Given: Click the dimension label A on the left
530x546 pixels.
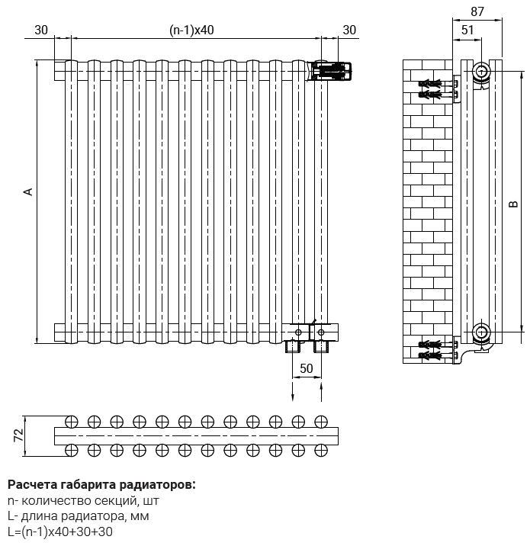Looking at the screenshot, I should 28,191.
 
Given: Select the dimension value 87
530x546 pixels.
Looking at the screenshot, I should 477,11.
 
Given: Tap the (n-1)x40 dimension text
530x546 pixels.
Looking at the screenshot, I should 191,30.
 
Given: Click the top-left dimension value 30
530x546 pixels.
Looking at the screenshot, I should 41,30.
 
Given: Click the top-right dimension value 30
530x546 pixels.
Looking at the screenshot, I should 349,30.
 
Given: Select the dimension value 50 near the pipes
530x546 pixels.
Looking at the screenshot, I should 306,368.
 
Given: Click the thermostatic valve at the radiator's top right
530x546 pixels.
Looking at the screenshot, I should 332,72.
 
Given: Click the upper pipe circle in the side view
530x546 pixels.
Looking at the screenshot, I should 481,73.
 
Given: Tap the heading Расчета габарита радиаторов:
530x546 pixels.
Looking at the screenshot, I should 101,484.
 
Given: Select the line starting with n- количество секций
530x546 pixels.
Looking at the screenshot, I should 83,501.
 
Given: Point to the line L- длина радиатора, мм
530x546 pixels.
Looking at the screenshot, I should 78,516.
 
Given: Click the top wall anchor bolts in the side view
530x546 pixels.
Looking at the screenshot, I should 433,88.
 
